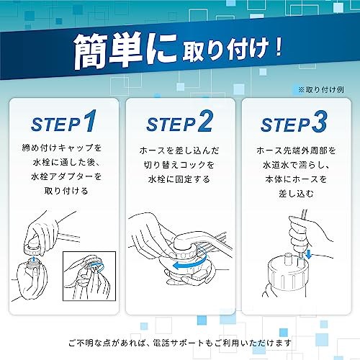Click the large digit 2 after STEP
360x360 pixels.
(x=205, y=121)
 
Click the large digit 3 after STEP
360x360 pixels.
(x=320, y=122)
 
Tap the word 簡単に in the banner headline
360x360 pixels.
(x=125, y=51)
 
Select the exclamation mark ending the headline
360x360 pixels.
(x=278, y=47)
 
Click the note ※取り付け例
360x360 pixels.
(x=321, y=90)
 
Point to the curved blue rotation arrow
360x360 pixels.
(x=189, y=262)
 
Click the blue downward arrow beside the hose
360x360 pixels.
(x=308, y=254)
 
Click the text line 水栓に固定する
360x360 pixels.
(x=179, y=179)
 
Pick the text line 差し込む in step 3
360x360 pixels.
(x=296, y=194)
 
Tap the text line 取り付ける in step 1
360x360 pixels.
(x=66, y=191)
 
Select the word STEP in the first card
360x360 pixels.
(x=55, y=125)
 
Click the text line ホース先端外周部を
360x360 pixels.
(x=296, y=150)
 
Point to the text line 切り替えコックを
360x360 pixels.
(x=179, y=165)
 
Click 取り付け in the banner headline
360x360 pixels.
(x=225, y=51)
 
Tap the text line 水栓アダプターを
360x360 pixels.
(x=66, y=176)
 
